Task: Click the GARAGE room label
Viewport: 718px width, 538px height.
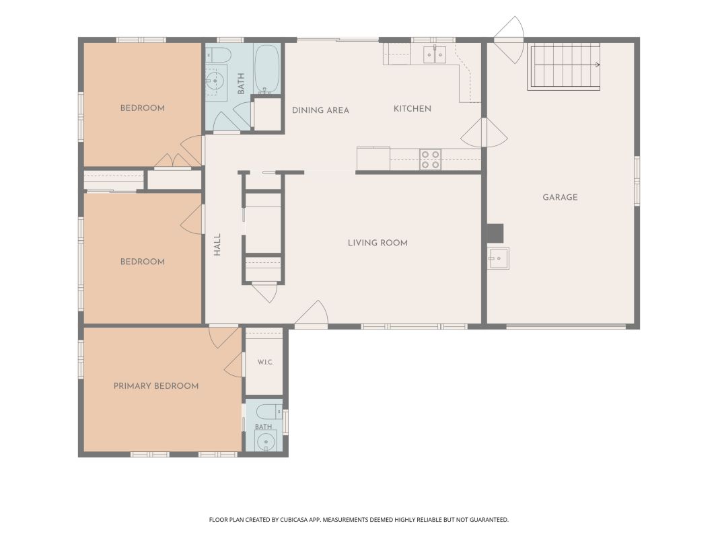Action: tap(560, 197)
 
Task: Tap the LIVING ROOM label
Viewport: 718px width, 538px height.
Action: tap(378, 243)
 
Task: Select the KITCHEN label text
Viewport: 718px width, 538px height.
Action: tap(412, 108)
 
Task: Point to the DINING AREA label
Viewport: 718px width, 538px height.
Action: tap(320, 110)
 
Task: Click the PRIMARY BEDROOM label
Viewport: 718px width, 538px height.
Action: tap(156, 385)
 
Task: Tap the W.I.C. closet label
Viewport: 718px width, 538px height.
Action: tap(266, 362)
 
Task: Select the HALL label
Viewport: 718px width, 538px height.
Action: tap(217, 245)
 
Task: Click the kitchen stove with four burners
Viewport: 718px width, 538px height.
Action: tap(431, 159)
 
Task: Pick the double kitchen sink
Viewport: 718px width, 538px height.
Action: tap(434, 54)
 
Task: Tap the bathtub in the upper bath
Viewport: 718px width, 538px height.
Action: tap(266, 68)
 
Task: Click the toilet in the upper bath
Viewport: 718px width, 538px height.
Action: tap(218, 54)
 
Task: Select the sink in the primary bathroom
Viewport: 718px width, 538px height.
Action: tap(265, 441)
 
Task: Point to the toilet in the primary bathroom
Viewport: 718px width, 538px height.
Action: tap(270, 412)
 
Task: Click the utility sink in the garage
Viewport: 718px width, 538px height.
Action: tap(499, 258)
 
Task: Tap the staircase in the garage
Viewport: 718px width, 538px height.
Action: tap(564, 67)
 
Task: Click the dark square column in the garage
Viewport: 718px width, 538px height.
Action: tap(495, 233)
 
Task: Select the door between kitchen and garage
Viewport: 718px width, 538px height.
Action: tap(484, 132)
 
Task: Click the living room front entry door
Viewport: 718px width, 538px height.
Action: tap(312, 315)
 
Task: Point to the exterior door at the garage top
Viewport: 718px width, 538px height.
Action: tap(508, 40)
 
